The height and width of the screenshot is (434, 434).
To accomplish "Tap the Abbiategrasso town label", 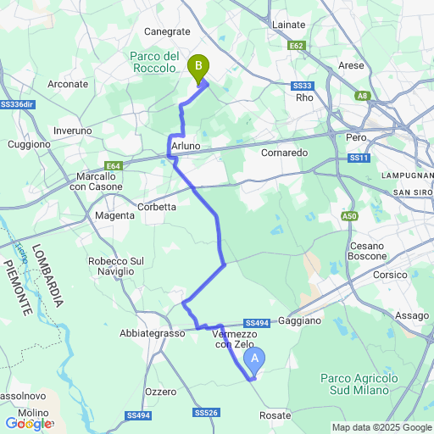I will coord(153,334).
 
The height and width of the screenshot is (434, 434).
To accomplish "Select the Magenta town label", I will coord(114,216).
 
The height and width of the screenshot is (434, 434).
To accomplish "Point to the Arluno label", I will coord(186,147).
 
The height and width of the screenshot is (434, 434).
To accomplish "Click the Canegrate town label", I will coord(167,31).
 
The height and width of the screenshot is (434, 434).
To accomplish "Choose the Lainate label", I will coord(288,25).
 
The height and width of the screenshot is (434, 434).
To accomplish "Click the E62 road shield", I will coord(297,46).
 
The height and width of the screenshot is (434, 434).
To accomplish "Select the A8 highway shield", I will coord(363,97).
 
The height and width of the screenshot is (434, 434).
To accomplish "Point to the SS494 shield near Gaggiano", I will coord(256,323).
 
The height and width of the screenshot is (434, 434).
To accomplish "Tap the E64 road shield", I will coord(115,166).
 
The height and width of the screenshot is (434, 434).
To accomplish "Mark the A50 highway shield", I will coord(350,217).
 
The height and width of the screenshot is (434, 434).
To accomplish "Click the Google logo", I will coord(27,423).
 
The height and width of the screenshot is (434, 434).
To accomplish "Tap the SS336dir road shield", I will coord(17,104).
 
